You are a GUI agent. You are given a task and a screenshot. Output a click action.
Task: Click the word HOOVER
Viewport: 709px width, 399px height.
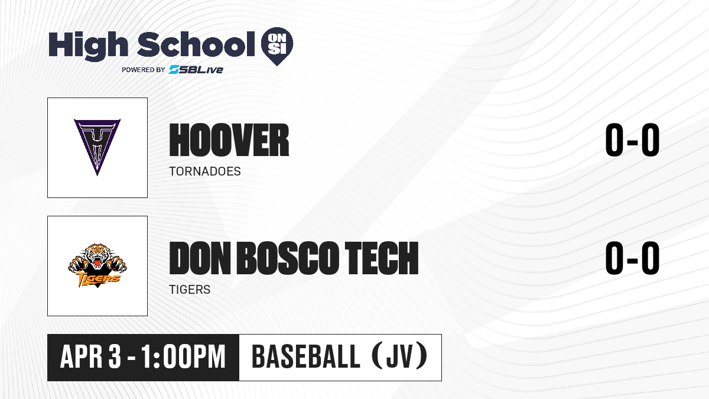click(x=229, y=140)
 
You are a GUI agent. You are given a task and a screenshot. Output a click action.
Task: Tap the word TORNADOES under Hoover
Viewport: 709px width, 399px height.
click(x=205, y=171)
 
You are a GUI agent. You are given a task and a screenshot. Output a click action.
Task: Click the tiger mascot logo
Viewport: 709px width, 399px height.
click(x=97, y=265)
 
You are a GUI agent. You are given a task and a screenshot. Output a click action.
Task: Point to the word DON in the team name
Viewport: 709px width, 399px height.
click(x=200, y=258)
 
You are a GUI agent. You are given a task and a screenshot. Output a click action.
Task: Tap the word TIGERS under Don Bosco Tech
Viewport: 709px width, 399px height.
click(x=190, y=290)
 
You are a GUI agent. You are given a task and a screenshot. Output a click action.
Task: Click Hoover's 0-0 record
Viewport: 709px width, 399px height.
click(x=632, y=140)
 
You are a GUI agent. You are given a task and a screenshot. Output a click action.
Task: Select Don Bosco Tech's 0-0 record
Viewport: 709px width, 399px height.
click(x=632, y=258)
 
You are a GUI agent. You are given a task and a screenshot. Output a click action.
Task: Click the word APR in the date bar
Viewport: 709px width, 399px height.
click(x=81, y=357)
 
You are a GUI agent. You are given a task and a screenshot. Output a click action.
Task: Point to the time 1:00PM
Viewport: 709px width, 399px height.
click(x=183, y=357)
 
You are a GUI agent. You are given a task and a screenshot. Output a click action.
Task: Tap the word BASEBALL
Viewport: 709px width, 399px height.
click(x=306, y=357)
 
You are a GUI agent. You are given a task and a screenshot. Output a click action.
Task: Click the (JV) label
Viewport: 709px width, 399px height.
click(x=400, y=356)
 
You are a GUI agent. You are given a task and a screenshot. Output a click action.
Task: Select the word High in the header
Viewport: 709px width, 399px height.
click(x=89, y=46)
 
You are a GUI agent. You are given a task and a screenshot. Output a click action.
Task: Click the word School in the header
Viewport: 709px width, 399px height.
click(x=196, y=44)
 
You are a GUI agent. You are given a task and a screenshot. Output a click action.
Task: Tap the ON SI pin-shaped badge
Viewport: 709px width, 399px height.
click(x=277, y=46)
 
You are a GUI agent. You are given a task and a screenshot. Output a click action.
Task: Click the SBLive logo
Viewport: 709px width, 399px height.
click(x=196, y=70)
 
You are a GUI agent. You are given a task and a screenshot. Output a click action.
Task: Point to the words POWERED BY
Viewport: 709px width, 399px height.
click(x=144, y=70)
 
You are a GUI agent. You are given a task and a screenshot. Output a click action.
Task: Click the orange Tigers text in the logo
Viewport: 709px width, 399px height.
click(x=98, y=279)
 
